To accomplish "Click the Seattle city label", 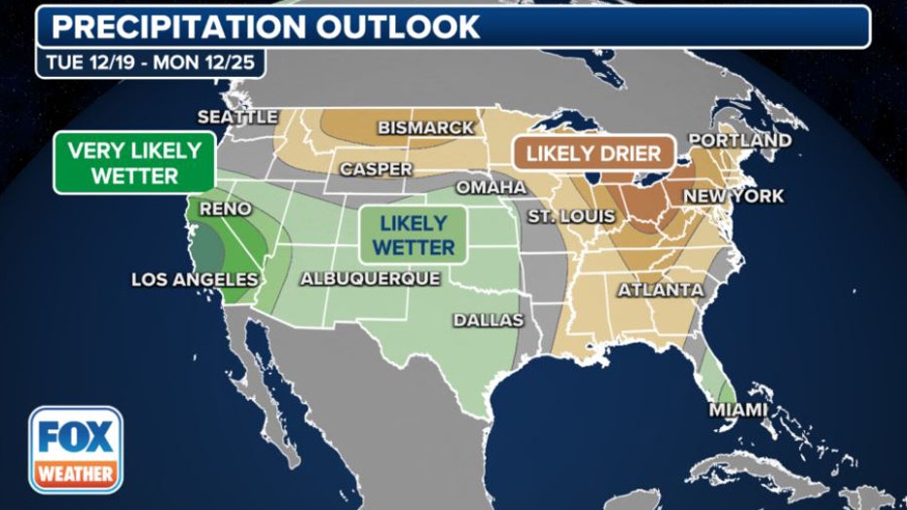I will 237,117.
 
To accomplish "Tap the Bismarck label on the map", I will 425,127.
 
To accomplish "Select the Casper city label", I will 376,169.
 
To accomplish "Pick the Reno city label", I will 225,209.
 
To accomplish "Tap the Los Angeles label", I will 195,279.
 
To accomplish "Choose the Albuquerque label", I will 370,278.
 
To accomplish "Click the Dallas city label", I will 488,320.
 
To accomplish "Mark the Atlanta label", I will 660,290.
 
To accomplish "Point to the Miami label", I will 737,410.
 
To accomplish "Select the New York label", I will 733,197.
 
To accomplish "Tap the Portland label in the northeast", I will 740,141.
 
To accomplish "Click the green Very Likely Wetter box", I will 133,163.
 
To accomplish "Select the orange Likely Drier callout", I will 593,153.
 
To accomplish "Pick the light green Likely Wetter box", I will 414,235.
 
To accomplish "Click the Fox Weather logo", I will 75,450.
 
